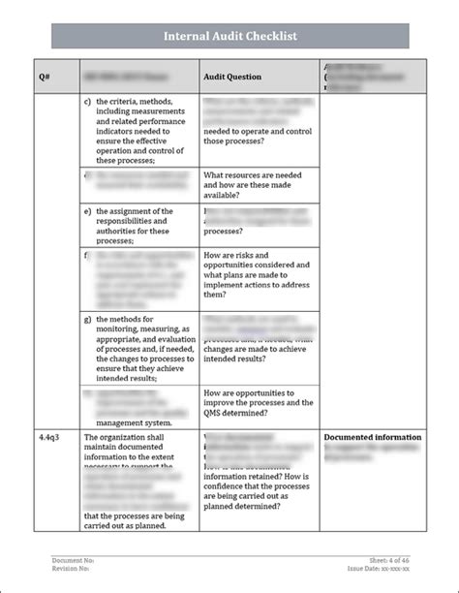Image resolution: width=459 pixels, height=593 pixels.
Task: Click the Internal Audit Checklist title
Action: point(229,37)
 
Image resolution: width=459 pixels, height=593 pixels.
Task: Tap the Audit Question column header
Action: point(231,76)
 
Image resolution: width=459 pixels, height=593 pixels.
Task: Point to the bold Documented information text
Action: point(372,437)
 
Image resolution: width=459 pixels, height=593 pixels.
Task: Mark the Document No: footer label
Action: point(73,561)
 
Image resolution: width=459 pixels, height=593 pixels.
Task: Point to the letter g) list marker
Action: point(88,318)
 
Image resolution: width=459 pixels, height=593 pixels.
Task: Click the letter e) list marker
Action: point(88,210)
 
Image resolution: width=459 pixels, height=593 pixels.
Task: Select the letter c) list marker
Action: point(88,102)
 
